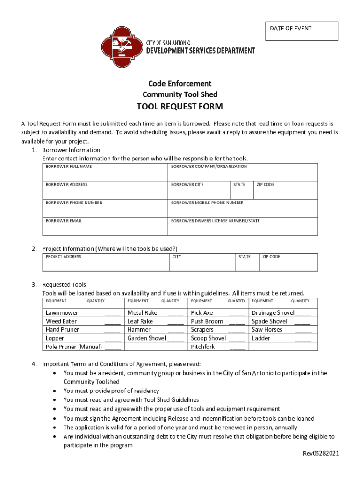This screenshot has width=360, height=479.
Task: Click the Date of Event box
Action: click(301, 31)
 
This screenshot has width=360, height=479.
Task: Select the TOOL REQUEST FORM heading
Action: click(180, 107)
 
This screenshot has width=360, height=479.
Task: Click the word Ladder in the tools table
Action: click(261, 338)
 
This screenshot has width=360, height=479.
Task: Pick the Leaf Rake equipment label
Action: click(140, 321)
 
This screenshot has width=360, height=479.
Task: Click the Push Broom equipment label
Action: click(207, 321)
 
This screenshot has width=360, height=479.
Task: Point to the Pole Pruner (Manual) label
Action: click(74, 347)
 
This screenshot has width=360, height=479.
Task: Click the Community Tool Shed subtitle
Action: click(180, 95)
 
